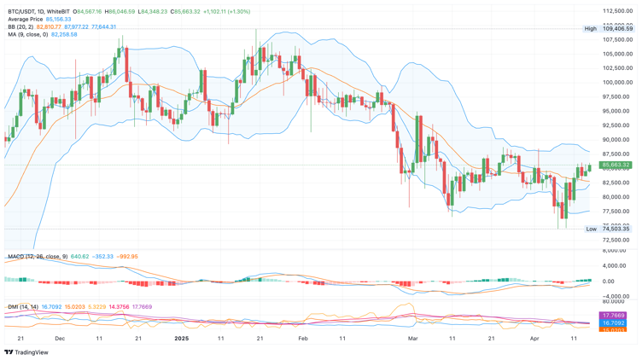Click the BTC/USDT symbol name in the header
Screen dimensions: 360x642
25,12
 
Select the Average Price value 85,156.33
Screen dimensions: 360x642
59,19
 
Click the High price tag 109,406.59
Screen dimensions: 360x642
616,28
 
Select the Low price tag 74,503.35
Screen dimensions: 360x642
616,229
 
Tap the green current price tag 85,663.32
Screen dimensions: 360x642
616,165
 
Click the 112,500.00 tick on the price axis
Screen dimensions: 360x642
616,11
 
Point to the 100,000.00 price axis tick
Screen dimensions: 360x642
616,83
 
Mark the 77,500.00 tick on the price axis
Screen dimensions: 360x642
616,211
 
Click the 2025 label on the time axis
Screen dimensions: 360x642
181,338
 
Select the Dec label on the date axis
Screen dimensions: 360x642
60,338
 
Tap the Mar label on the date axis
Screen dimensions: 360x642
413,338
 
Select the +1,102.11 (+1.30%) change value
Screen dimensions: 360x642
226,12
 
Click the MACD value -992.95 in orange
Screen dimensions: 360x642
128,256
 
